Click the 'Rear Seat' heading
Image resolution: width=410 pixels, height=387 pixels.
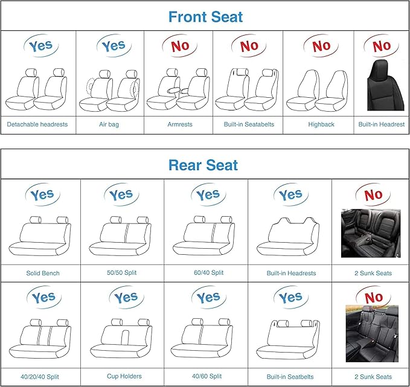click(x=203, y=165)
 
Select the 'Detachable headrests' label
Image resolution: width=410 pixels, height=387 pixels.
click(x=37, y=124)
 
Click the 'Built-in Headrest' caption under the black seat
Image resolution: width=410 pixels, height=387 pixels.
click(x=382, y=124)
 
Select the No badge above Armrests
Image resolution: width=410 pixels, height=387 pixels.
click(x=180, y=45)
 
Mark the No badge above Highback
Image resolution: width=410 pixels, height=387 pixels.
click(x=321, y=45)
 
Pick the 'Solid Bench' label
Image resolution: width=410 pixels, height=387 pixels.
click(x=43, y=273)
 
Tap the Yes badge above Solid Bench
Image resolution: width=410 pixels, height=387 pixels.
click(x=42, y=195)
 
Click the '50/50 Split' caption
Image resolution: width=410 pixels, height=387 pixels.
click(x=121, y=273)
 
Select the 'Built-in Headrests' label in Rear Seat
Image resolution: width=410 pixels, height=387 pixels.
click(x=291, y=273)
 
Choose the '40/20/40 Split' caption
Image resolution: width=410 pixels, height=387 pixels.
click(x=42, y=376)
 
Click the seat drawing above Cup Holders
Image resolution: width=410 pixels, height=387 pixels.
click(x=124, y=341)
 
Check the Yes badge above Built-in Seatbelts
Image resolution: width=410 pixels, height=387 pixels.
click(x=291, y=298)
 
